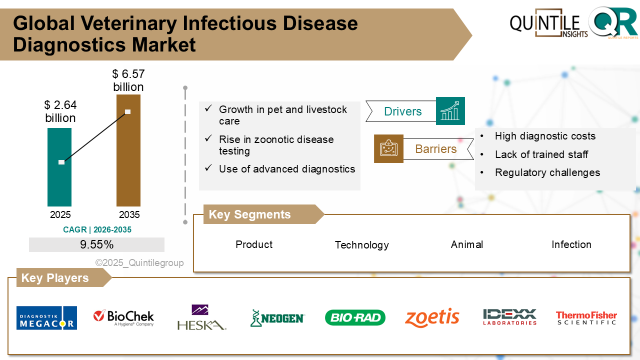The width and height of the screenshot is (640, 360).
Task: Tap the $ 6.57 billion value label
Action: click(128, 80)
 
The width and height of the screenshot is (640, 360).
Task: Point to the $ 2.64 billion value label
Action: click(60, 111)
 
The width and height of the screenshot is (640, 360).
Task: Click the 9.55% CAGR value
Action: click(96, 244)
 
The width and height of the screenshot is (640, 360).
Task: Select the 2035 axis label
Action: click(129, 215)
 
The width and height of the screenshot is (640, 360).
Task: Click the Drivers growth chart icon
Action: click(450, 111)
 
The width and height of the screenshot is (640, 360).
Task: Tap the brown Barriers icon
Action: click(388, 148)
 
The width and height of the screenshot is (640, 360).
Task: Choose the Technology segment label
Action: click(361, 245)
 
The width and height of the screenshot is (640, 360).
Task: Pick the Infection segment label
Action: click(571, 244)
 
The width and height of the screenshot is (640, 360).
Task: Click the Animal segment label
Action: click(466, 244)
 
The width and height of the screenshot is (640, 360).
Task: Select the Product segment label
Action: click(254, 244)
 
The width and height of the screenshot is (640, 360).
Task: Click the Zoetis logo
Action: click(432, 317)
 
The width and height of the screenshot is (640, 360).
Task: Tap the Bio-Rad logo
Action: click(355, 317)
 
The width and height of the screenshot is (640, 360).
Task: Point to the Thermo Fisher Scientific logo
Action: click(586, 318)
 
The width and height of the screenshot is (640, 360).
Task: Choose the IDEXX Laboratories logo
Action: click(509, 317)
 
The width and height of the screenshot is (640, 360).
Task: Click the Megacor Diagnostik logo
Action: click(46, 318)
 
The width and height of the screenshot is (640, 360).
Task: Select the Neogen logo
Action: click(277, 318)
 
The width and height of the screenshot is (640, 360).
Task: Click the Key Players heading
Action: click(55, 278)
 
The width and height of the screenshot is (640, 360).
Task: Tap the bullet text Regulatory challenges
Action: click(547, 172)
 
